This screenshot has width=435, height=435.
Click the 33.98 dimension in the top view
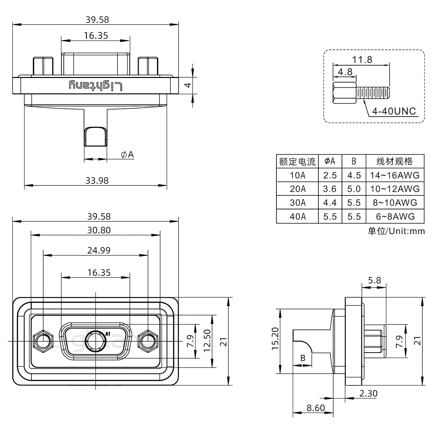97,180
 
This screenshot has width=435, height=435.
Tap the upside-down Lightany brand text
96,86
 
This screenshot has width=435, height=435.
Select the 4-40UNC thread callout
394,111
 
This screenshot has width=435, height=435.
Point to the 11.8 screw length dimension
362,60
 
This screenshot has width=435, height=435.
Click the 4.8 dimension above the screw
345,72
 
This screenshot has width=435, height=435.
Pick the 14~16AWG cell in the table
395,175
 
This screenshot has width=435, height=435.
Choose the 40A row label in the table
298,217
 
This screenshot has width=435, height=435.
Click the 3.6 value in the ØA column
330,189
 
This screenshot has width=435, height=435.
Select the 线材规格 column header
395,161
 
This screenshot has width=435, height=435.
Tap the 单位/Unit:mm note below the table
396,231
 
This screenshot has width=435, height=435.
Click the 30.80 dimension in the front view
99,230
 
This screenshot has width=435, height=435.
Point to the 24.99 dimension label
99,250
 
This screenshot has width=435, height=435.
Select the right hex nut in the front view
148,341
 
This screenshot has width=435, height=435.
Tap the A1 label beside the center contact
108,334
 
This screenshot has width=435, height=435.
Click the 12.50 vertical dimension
207,341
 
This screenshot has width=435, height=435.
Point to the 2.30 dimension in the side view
368,393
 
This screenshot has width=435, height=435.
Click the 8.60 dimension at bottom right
315,408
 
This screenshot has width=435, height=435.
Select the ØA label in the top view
127,155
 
